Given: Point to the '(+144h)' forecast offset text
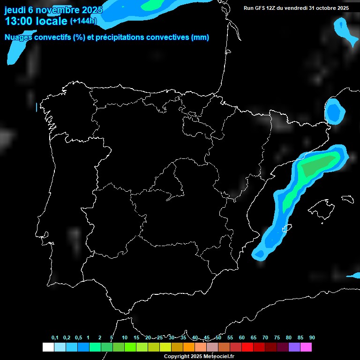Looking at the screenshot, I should pyautogui.click(x=83, y=21).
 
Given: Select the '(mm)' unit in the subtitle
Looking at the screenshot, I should pyautogui.click(x=200, y=37).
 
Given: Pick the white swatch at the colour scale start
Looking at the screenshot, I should pyautogui.click(x=48, y=347).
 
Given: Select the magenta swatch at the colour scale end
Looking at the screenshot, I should pyautogui.click(x=306, y=347).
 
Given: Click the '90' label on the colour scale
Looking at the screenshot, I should pyautogui.click(x=312, y=338).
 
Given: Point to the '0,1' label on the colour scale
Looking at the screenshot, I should pyautogui.click(x=55, y=338).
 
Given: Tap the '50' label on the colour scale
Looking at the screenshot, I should pyautogui.click(x=218, y=338).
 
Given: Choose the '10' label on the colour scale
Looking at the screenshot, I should pyautogui.click(x=124, y=338).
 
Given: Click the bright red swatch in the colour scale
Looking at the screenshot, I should pyautogui.click(x=247, y=347).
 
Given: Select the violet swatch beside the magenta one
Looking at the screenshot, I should pyautogui.click(x=294, y=347).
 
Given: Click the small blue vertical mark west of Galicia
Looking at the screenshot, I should pyautogui.click(x=37, y=107).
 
